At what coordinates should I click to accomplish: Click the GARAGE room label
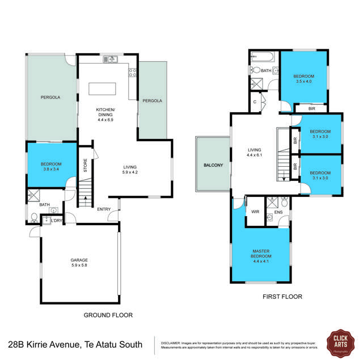click(x=79, y=260)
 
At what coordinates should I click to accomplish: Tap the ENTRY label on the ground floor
click(x=104, y=209)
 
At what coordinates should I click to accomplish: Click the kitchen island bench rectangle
click(x=102, y=90)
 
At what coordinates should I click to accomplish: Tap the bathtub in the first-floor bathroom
click(x=261, y=57)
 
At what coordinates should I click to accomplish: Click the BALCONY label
click(x=213, y=165)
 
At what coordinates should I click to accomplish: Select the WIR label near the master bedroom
click(x=255, y=212)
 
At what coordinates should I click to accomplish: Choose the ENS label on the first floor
click(x=278, y=213)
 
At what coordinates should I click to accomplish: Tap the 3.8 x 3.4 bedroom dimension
click(x=52, y=168)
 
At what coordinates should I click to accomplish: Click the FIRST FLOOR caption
click(x=282, y=297)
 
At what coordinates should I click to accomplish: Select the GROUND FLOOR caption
click(x=108, y=315)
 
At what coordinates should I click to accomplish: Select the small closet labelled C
click(x=255, y=102)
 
